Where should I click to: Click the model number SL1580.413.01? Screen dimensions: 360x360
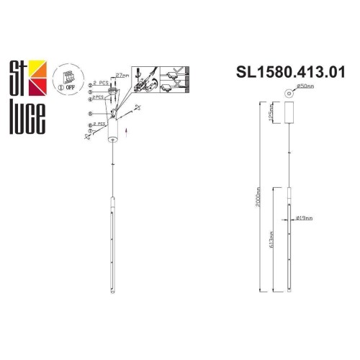297,72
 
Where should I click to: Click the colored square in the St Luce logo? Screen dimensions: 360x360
39,73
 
